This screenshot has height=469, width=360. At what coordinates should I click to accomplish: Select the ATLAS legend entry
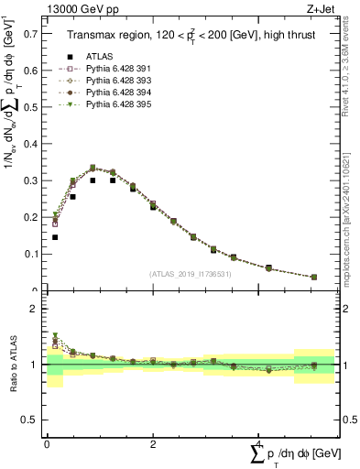[x=100, y=56]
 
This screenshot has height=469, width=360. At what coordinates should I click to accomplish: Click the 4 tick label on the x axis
[x=258, y=443]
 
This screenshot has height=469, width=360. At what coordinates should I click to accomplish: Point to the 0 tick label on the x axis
[x=47, y=443]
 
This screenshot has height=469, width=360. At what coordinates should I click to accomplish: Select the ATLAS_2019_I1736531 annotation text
[x=190, y=274]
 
